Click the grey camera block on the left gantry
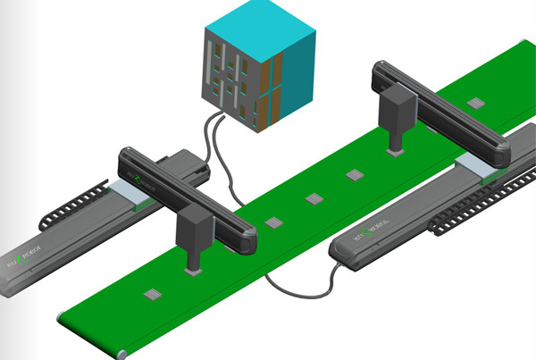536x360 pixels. (x=194, y=236)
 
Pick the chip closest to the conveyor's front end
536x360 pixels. (x=152, y=292)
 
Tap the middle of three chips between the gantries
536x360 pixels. (x=314, y=198)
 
